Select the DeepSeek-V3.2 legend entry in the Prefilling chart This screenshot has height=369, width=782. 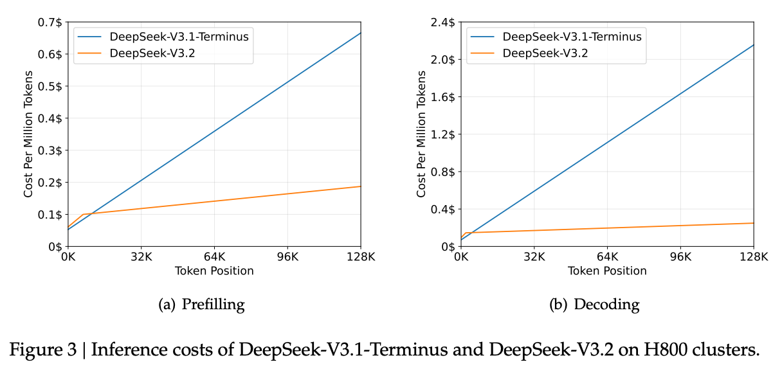[x=152, y=53]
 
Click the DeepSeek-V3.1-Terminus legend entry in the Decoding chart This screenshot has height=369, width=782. [x=572, y=37]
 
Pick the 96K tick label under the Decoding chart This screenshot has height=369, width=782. [x=680, y=257]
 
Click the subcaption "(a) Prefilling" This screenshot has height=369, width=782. [x=201, y=303]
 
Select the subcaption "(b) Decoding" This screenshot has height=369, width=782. [x=594, y=304]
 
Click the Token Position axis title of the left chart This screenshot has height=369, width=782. [x=214, y=271]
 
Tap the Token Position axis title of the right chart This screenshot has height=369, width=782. [x=607, y=271]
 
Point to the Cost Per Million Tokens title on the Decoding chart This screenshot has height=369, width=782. [x=421, y=135]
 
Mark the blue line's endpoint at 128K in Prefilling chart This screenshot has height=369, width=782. [x=361, y=33]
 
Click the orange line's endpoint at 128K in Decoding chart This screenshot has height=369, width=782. [x=753, y=223]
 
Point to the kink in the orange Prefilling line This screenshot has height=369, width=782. [x=83, y=214]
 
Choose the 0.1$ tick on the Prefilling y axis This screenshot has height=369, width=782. [x=51, y=214]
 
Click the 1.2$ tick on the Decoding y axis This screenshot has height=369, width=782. [x=444, y=134]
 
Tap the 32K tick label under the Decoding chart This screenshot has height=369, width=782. [x=534, y=257]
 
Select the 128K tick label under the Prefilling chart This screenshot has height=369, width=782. [x=360, y=257]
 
